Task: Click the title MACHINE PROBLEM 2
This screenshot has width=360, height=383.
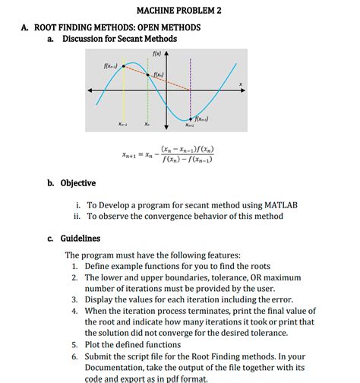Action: click(x=179, y=11)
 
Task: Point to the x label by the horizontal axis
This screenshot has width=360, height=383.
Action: click(x=242, y=84)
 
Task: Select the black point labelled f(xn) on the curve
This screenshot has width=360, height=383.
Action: click(x=147, y=74)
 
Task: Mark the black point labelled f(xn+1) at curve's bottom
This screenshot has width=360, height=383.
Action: click(x=189, y=119)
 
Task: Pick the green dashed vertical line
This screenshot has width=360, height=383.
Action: click(x=147, y=99)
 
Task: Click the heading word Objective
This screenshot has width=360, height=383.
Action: click(x=79, y=183)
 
